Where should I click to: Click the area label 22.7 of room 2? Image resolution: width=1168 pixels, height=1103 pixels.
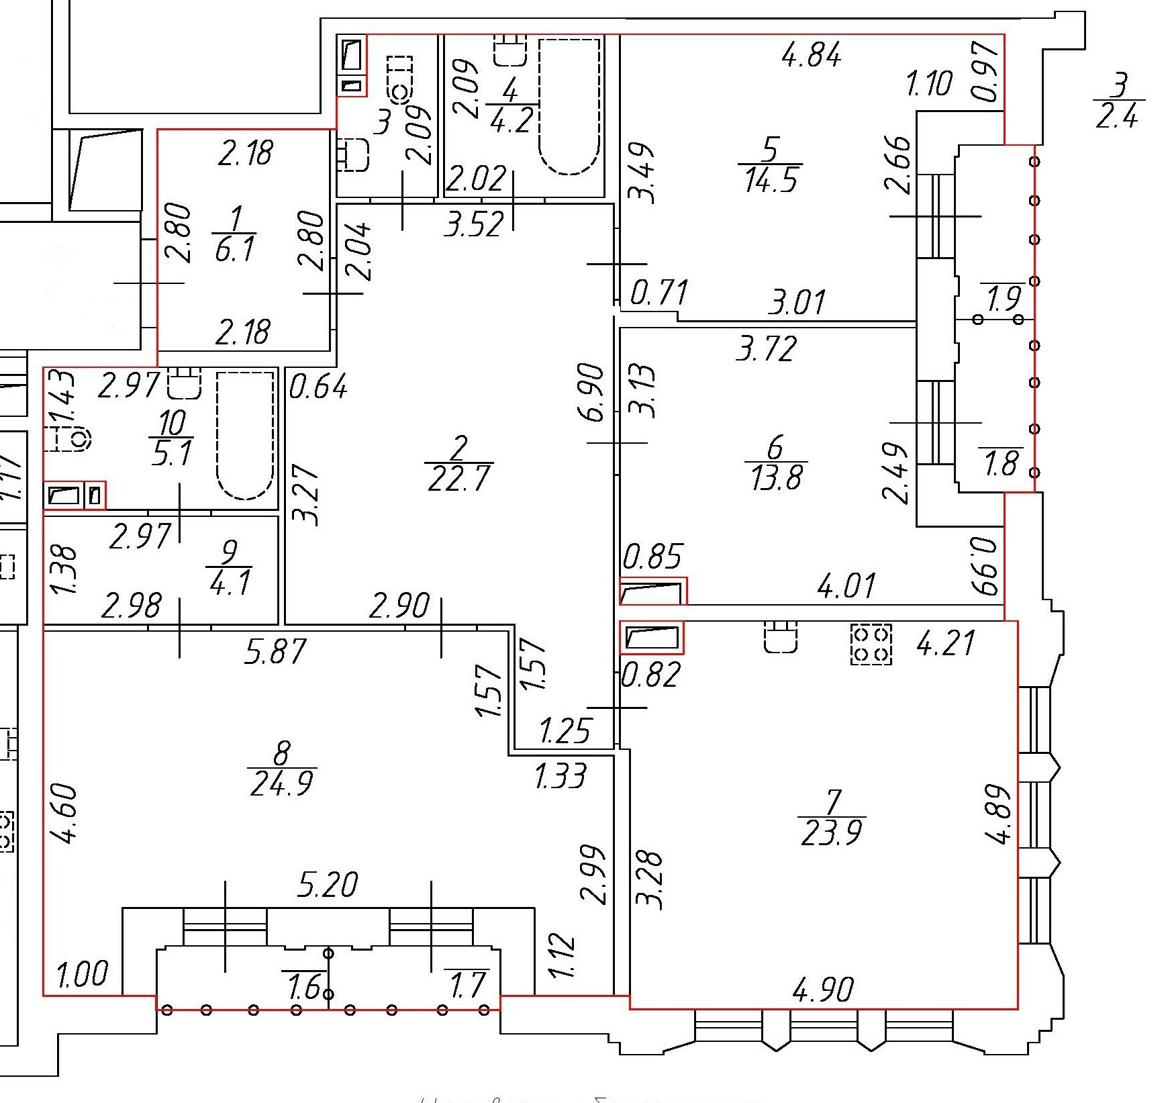459,479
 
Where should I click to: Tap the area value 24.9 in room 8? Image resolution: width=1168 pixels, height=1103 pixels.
282,783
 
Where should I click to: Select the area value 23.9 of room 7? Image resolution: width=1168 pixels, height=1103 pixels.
832,832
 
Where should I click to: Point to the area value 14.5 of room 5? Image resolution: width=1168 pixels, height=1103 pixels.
771,179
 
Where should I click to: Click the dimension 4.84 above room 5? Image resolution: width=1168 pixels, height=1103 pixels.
812,55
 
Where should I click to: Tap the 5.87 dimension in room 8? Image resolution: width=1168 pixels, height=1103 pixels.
276,651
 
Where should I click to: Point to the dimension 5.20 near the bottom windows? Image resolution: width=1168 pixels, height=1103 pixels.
328,885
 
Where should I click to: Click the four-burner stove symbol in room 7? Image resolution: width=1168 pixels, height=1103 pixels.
871,644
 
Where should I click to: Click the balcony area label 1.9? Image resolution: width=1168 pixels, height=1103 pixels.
1005,298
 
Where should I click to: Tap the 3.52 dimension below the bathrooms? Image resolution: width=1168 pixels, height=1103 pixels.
474,224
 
